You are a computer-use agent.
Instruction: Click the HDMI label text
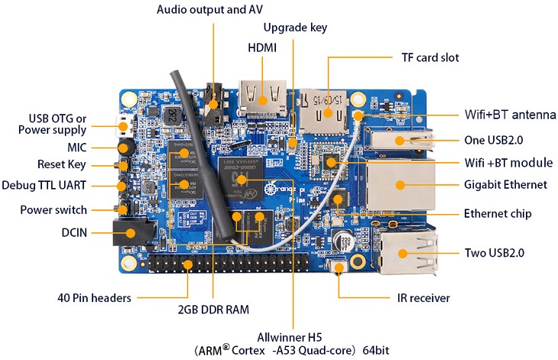(262, 47)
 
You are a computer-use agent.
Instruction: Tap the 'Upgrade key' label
(295, 28)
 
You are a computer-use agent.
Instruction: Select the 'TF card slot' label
(430, 57)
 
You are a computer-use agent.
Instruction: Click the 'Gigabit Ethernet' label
(505, 185)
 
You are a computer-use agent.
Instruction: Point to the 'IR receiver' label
(423, 298)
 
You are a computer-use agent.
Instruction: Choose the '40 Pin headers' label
(94, 298)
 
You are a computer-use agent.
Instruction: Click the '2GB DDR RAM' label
(213, 310)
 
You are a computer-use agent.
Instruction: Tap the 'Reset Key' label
(62, 164)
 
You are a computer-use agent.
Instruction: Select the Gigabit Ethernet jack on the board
(400, 184)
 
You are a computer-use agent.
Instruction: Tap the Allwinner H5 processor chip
(241, 180)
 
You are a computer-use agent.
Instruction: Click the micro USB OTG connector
(124, 126)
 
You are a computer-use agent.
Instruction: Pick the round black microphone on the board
(125, 148)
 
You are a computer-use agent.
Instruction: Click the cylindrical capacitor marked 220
(342, 241)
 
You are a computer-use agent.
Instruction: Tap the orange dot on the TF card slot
(328, 113)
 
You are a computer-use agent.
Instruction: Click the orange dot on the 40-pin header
(187, 264)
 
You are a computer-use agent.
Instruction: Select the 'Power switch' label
(54, 210)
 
